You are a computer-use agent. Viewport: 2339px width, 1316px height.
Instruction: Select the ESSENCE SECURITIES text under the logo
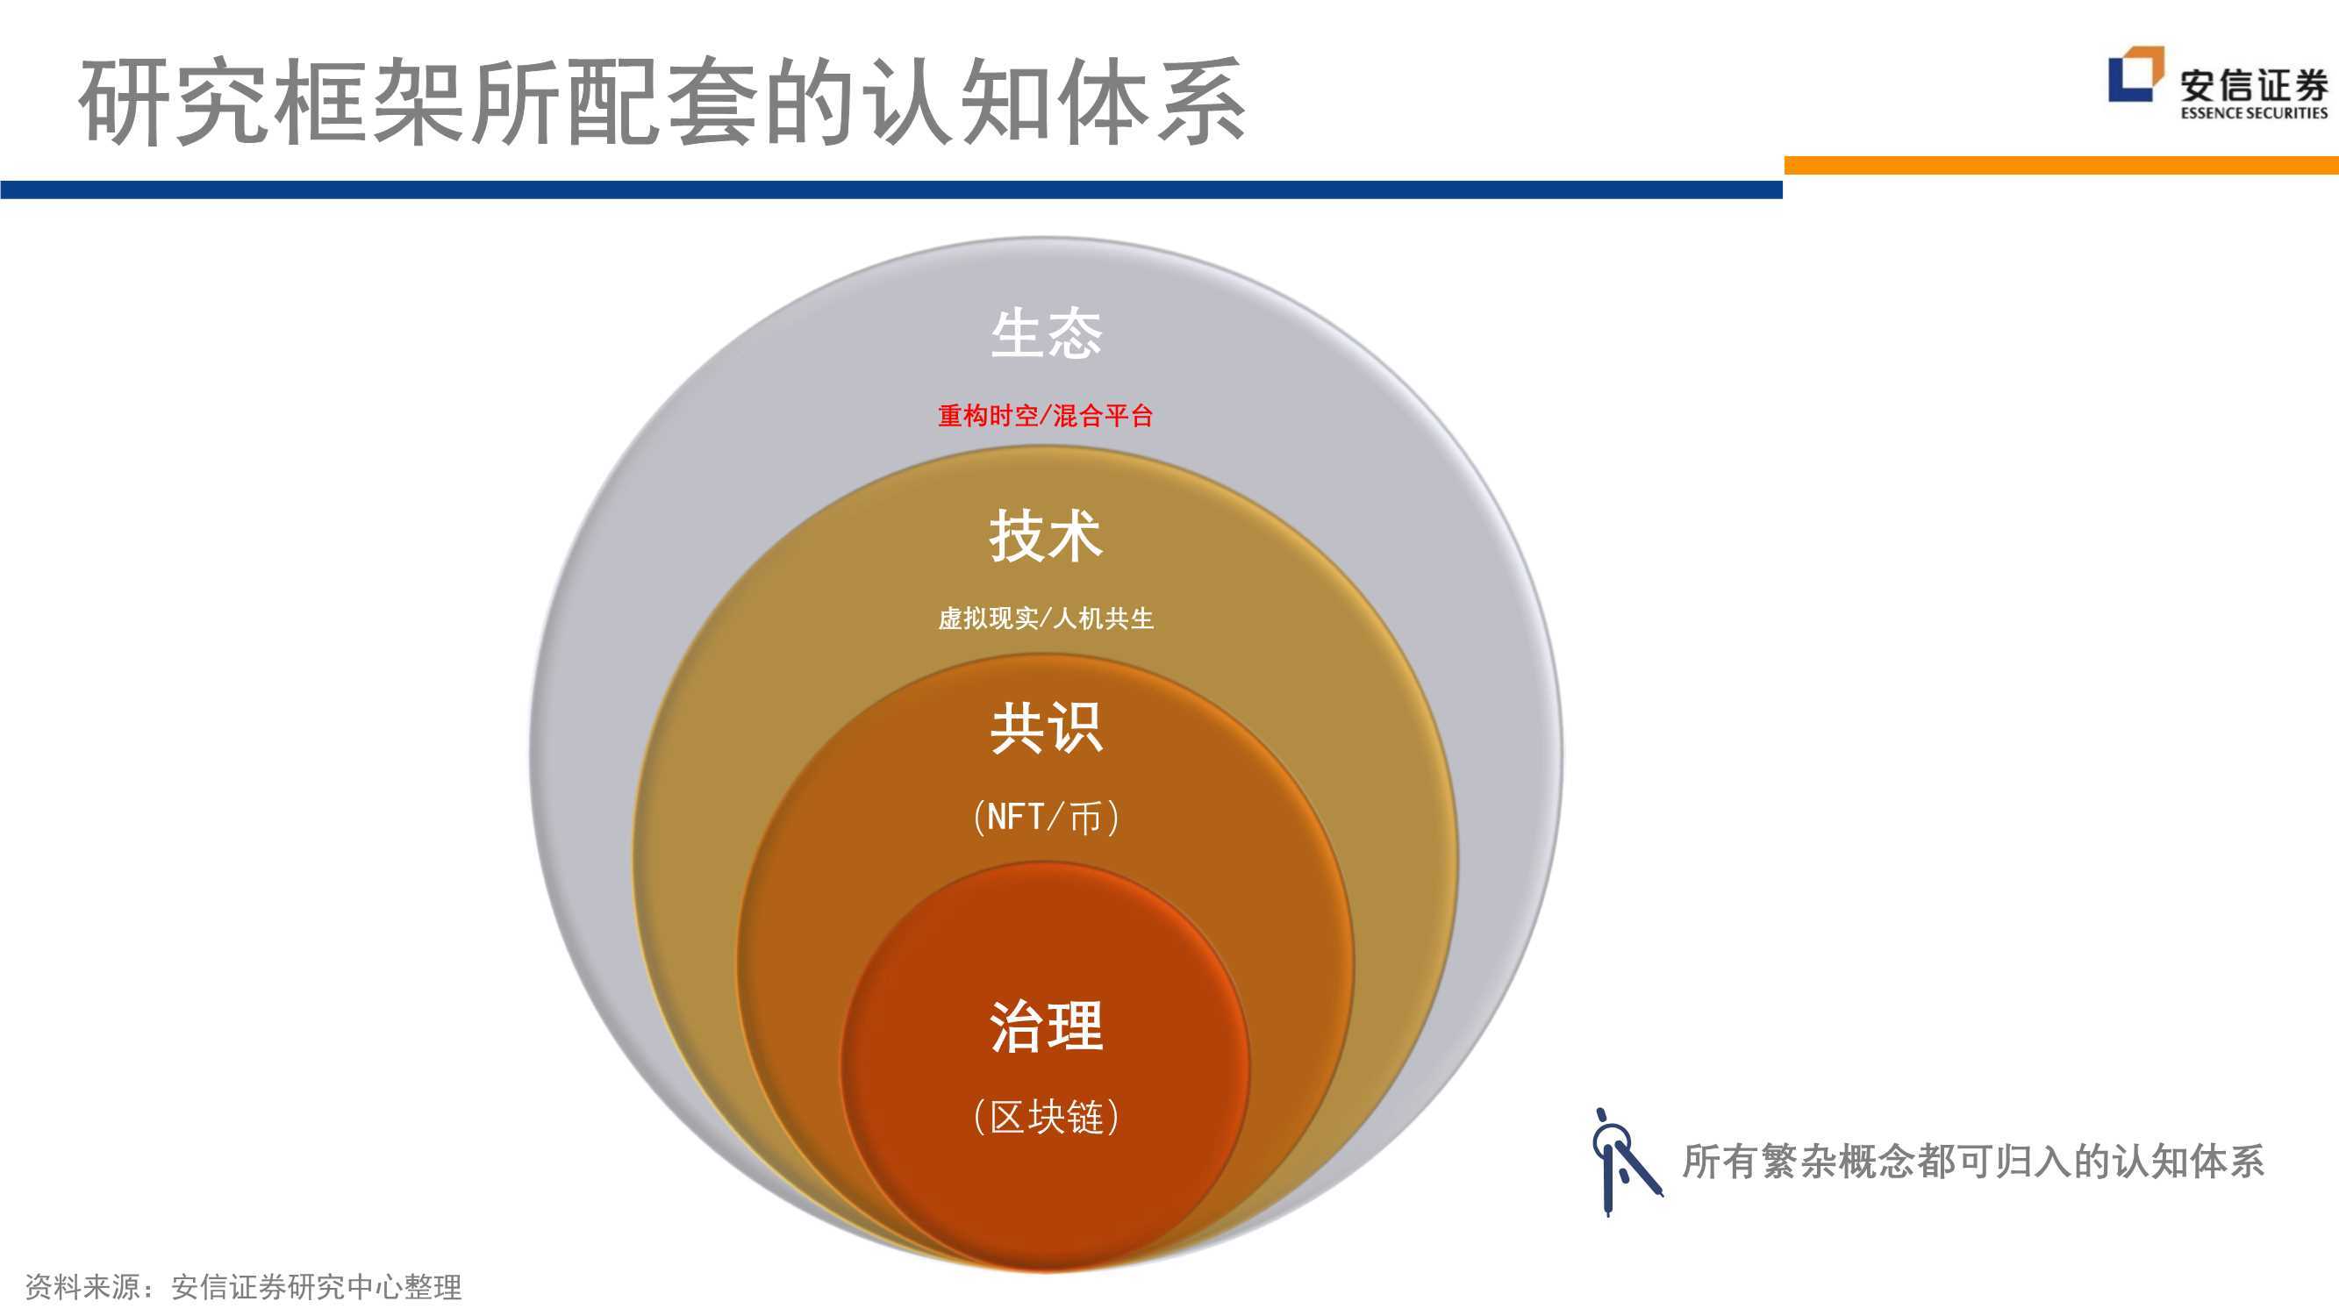tap(2254, 112)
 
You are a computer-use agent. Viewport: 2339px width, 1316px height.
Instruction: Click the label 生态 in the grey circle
tap(1046, 333)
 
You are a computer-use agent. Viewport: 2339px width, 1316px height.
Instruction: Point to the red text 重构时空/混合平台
tap(1045, 416)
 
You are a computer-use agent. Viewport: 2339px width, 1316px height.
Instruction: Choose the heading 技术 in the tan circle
tap(1046, 536)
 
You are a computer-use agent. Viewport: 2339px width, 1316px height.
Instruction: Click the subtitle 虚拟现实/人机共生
tap(1045, 619)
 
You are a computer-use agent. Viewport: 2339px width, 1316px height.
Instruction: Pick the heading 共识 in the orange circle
tap(1046, 727)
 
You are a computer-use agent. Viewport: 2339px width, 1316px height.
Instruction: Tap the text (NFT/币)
tap(1046, 818)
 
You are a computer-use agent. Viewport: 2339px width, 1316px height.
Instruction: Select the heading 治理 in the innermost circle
tap(1046, 1026)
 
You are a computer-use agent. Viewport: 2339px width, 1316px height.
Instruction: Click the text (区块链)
tap(1046, 1116)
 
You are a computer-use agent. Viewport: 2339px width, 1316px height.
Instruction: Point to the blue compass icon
tap(1625, 1161)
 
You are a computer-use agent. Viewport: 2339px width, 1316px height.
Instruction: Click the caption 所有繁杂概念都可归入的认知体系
tap(1973, 1162)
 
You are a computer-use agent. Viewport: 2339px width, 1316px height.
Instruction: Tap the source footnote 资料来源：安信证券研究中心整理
tap(243, 1286)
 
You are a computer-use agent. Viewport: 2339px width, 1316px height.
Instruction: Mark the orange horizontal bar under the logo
tap(2061, 165)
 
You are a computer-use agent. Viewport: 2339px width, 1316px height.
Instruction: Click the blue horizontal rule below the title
tap(891, 190)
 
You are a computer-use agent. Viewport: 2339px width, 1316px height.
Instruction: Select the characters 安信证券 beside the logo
tap(2254, 85)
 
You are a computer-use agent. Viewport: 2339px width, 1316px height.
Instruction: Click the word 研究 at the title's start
tap(173, 102)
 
